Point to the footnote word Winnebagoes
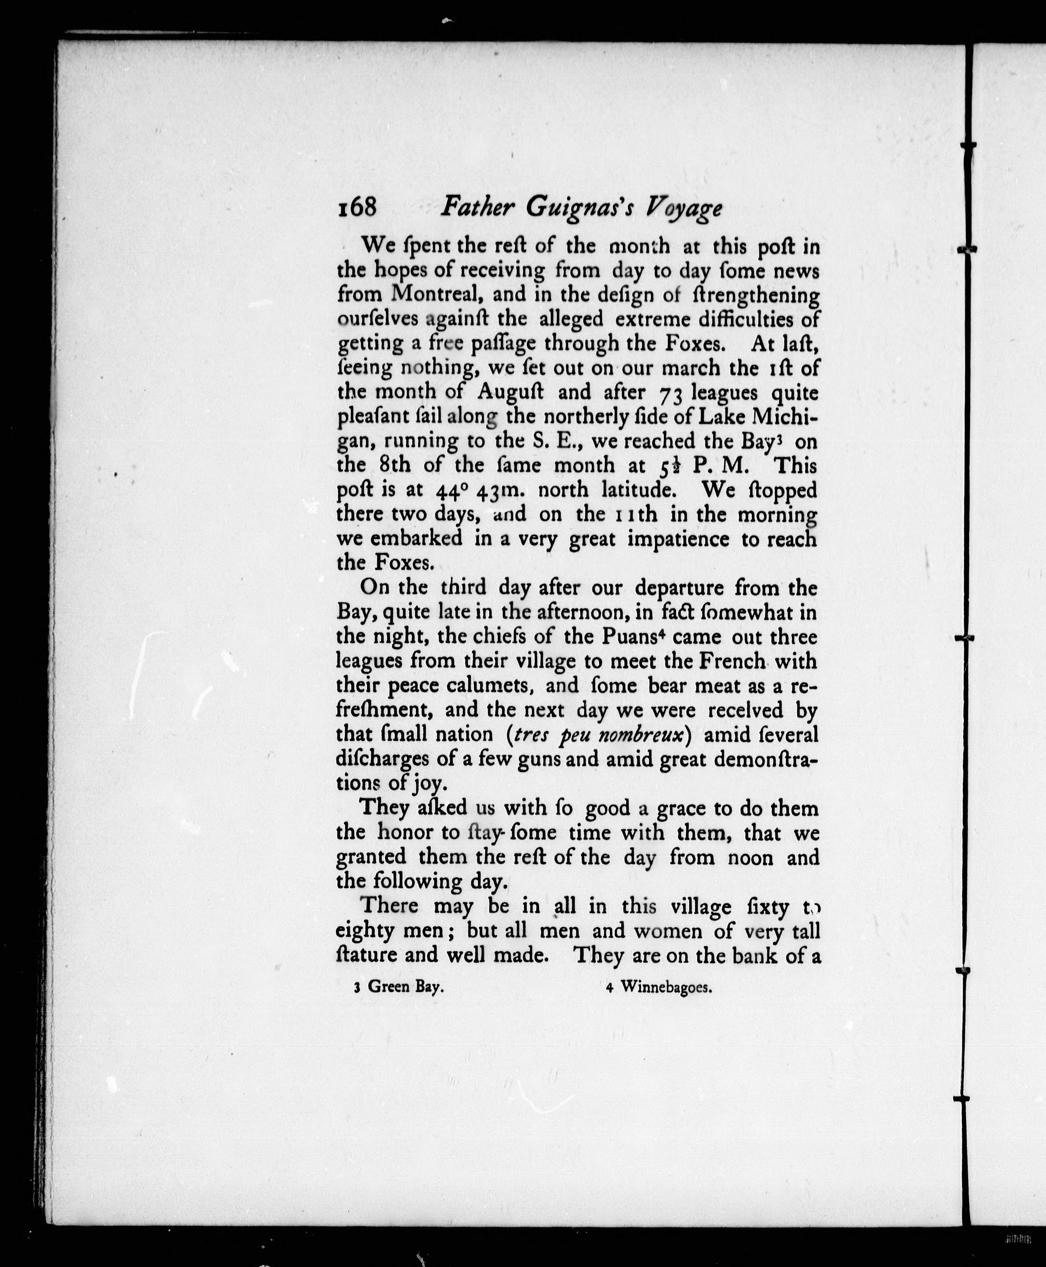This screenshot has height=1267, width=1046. click(667, 987)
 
